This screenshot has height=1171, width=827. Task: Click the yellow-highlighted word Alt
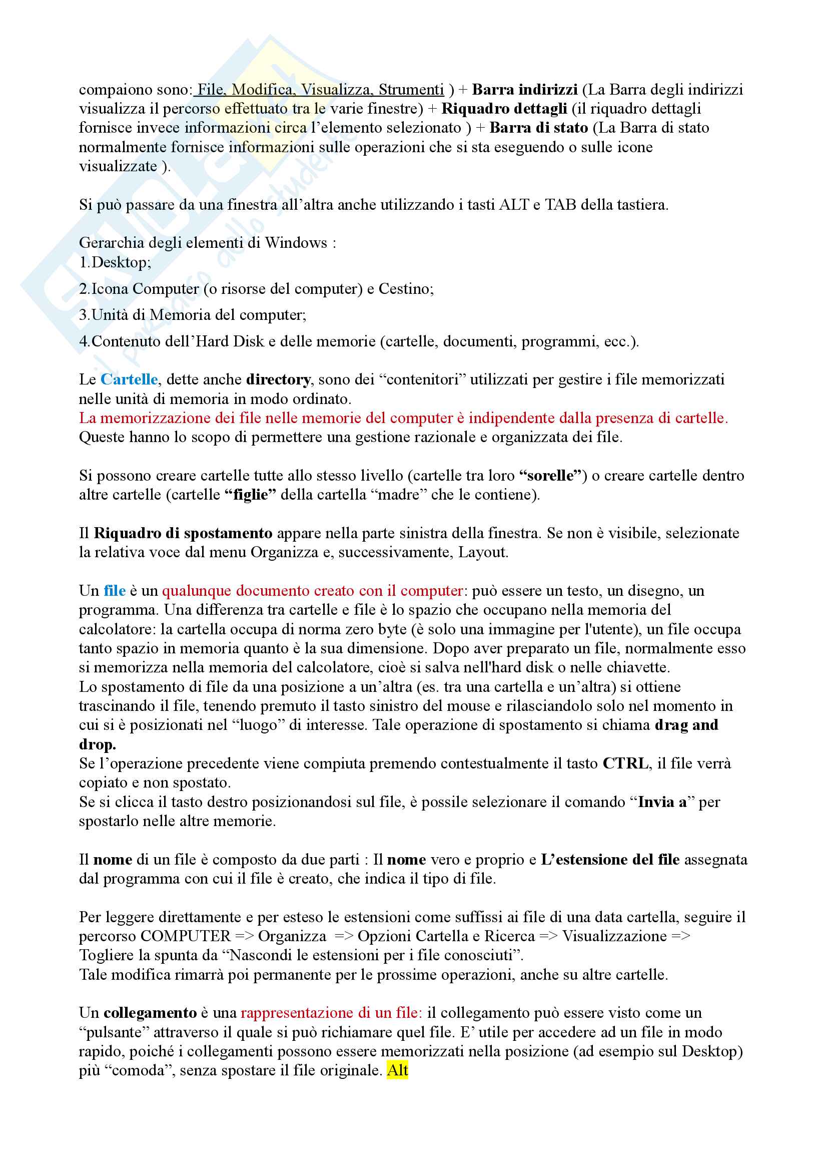click(x=397, y=1069)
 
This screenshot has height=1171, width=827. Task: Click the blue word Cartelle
click(x=129, y=379)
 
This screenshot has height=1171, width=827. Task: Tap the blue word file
click(x=114, y=591)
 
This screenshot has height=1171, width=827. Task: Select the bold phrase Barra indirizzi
click(x=524, y=90)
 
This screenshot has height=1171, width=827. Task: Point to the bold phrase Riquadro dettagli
click(x=504, y=109)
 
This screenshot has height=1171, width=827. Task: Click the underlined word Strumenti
click(x=411, y=90)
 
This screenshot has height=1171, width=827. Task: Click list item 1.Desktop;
click(x=115, y=263)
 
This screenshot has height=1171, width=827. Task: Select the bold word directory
click(x=278, y=379)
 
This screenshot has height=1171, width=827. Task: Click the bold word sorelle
click(x=550, y=476)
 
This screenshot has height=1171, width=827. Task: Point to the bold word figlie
click(x=250, y=495)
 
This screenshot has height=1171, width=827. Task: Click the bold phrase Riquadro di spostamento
click(x=183, y=534)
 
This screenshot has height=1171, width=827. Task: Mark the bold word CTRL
click(x=625, y=763)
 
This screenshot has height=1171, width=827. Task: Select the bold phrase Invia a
click(x=662, y=802)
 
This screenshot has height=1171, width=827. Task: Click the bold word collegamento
click(x=150, y=1012)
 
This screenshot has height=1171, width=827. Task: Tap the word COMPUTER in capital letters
click(x=186, y=936)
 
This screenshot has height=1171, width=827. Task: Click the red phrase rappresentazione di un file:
click(x=331, y=1012)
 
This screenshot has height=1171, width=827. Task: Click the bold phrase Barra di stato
click(x=539, y=128)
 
